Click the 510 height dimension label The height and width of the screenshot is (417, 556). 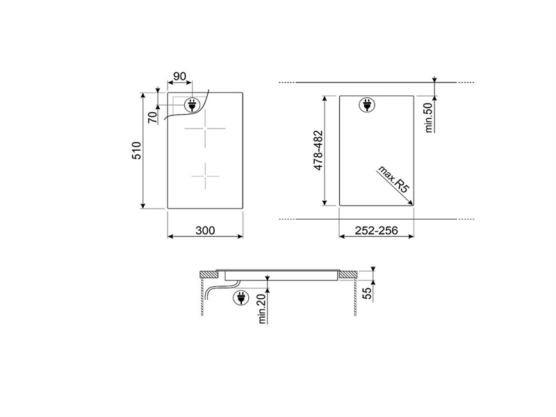137,151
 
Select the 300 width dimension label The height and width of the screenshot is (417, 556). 205,231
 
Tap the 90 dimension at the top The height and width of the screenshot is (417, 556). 179,76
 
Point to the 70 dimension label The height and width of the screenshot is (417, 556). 153,117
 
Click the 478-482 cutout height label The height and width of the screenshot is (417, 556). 318,150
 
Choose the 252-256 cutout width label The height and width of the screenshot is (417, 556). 376,231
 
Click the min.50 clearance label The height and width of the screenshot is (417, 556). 429,117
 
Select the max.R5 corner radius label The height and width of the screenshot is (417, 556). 393,179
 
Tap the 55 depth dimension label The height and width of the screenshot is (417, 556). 368,293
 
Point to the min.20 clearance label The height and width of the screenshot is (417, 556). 262,309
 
